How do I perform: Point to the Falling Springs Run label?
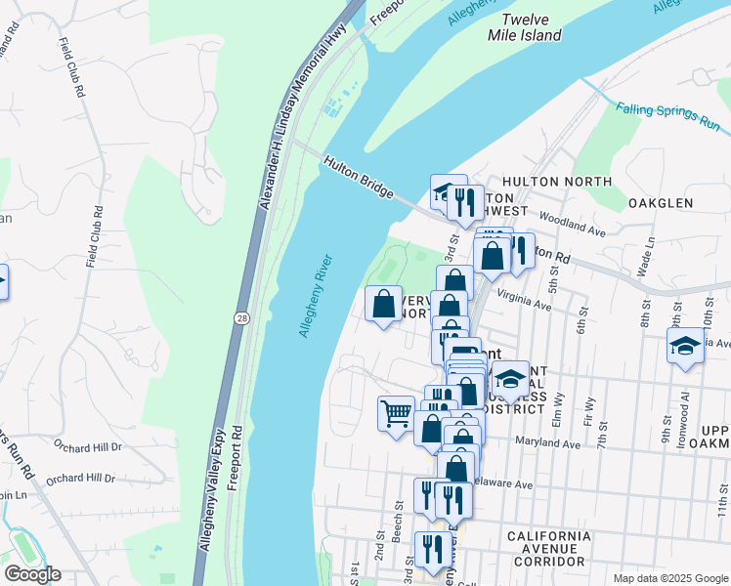coord(667,115)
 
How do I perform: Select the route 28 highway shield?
coord(239,317)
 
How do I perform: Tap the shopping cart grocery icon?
coord(396,413)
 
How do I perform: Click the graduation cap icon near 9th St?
coord(685,346)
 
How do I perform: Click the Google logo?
coord(32,574)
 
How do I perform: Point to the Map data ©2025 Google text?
coord(669,578)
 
